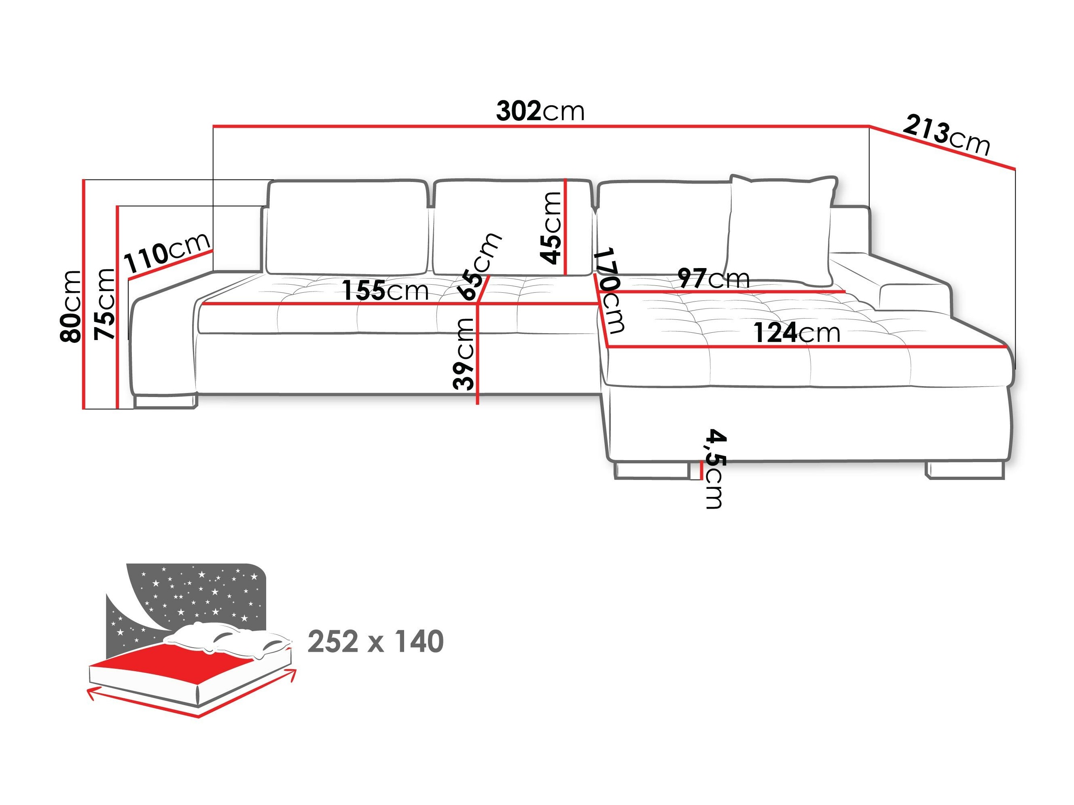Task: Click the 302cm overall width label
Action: point(540,112)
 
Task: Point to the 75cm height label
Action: point(105,304)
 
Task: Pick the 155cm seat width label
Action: point(386,291)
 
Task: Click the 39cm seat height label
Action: point(463,354)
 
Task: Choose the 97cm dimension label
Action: point(713,279)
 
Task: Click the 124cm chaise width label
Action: point(796,333)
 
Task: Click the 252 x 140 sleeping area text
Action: point(375,642)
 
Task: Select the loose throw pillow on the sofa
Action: point(782,230)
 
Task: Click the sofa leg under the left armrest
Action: point(164,401)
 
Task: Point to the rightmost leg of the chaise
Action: point(965,470)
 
